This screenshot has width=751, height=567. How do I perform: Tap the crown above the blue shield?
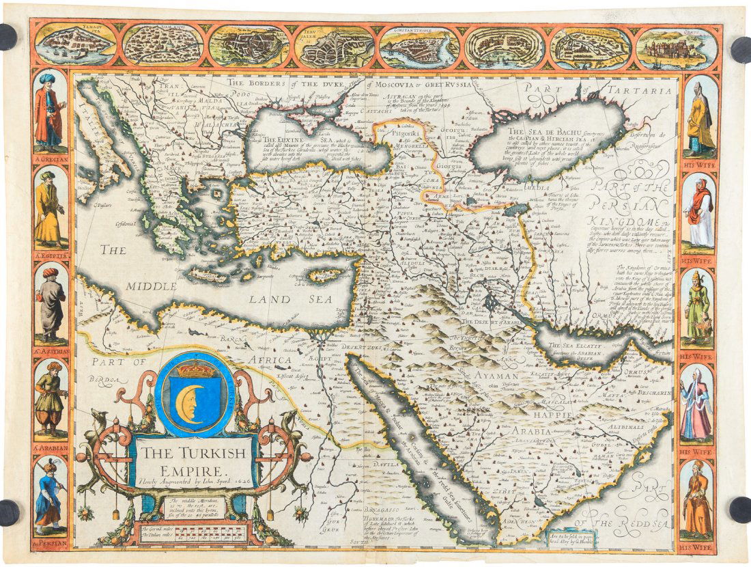(x=195, y=369)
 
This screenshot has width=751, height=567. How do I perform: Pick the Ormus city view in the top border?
(x=676, y=47)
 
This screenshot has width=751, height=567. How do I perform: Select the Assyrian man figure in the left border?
(x=51, y=301)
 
